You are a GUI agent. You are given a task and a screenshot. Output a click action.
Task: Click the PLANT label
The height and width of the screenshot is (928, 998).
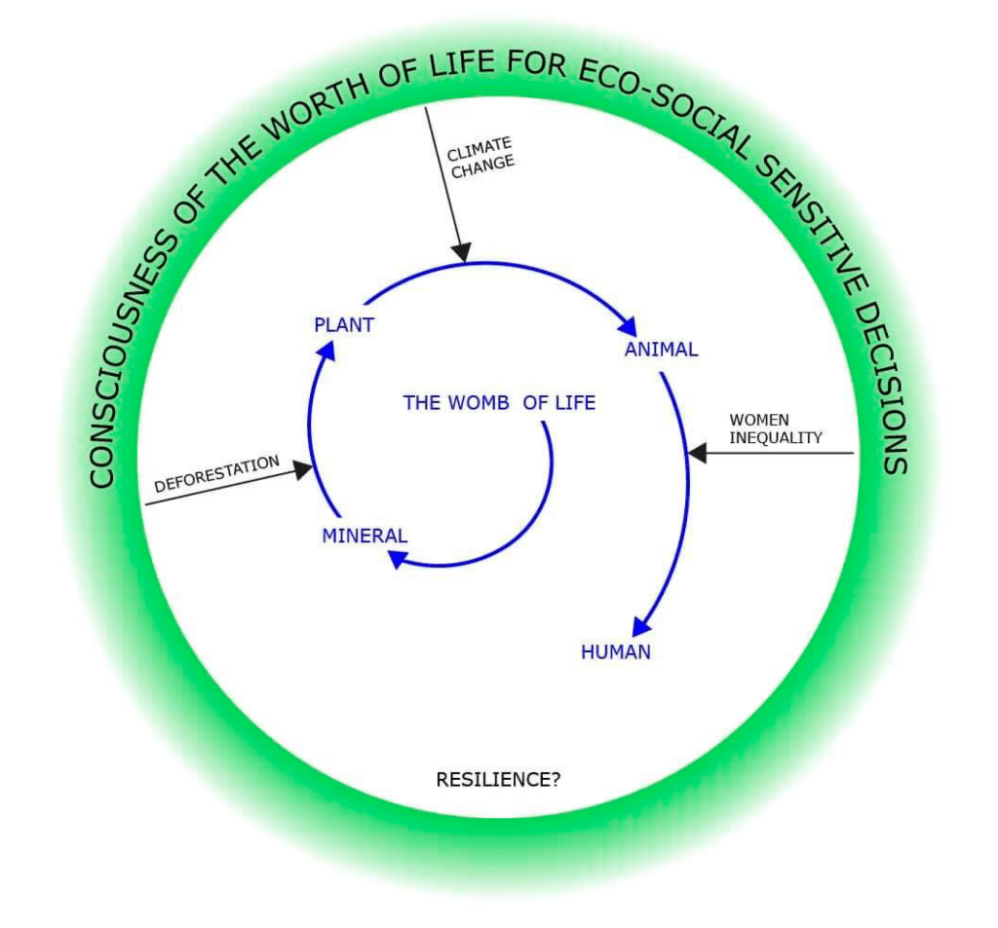[x=343, y=325]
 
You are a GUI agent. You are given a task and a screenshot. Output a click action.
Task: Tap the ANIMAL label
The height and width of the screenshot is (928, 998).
[x=661, y=350]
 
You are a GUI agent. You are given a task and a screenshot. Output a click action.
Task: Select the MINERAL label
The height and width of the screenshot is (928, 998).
[x=365, y=536]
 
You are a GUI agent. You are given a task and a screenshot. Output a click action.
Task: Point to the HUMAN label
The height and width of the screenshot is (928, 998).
[x=615, y=652]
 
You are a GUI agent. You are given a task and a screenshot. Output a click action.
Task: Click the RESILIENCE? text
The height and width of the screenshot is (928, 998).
[x=498, y=780]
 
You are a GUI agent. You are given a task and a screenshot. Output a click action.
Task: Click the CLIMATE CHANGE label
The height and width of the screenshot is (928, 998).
[x=480, y=155]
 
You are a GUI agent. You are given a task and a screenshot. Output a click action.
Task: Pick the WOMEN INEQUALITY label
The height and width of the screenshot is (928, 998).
[x=775, y=428]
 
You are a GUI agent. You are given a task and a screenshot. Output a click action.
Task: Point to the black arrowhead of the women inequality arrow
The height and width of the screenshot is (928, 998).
[x=697, y=453]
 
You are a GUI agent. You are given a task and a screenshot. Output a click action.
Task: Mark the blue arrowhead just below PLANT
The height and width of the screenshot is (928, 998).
[x=327, y=351]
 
